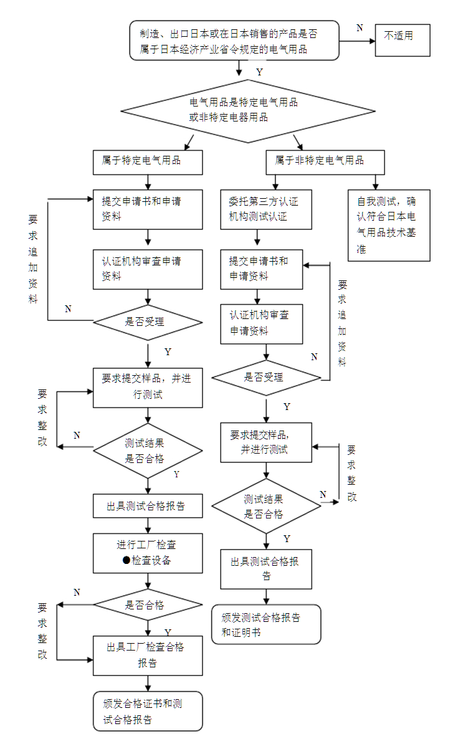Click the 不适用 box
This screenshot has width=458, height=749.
[x=403, y=40]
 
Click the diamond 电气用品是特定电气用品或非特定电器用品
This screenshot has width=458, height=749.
[x=247, y=111]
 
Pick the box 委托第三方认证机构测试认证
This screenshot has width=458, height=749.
[x=266, y=209]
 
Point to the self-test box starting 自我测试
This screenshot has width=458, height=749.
[x=389, y=225]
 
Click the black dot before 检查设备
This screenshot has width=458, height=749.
[x=126, y=560]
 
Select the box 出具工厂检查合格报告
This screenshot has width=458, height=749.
[x=148, y=655]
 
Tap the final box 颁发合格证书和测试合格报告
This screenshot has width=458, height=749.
[x=148, y=711]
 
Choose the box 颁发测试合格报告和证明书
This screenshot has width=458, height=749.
[x=266, y=624]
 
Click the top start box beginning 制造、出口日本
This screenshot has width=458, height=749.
[x=234, y=41]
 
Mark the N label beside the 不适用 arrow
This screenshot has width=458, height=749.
[x=360, y=28]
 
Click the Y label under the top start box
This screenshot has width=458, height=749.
[x=259, y=72]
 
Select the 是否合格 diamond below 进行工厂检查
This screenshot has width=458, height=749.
[x=148, y=604]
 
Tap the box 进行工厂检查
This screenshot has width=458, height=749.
[x=148, y=553]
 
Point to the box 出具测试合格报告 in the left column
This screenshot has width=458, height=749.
[x=148, y=506]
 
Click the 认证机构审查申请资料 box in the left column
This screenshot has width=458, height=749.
[x=148, y=268]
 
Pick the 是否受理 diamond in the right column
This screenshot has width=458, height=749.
[x=266, y=378]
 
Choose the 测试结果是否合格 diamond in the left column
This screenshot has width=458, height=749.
[x=148, y=451]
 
